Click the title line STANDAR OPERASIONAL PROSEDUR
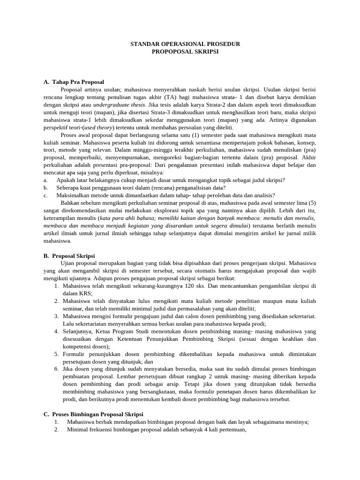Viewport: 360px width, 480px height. [185, 44]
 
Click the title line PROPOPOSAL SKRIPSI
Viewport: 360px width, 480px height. [185, 52]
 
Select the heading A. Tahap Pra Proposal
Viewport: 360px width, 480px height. [74, 82]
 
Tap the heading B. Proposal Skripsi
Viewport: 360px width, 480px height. [69, 256]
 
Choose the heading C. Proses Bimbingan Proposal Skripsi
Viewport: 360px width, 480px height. [93, 414]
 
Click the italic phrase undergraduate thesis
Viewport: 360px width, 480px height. [120, 105]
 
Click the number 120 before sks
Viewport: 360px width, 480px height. [190, 285]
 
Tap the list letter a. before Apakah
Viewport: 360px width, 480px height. [45, 180]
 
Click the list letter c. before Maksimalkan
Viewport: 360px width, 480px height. [45, 195]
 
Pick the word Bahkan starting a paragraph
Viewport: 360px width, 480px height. [71, 203]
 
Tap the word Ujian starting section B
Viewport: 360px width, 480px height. [68, 263]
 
